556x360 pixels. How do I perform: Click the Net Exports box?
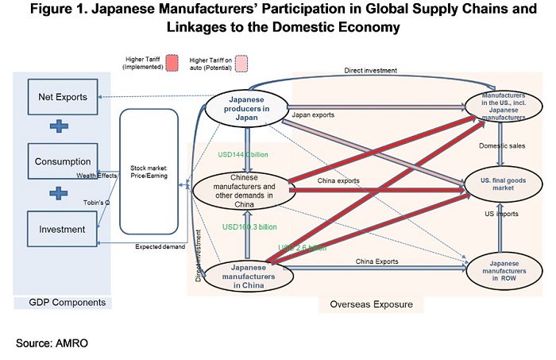point(63,98)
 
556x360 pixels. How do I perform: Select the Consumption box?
point(63,162)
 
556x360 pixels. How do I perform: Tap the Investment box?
point(63,229)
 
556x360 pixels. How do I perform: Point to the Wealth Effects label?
point(98,175)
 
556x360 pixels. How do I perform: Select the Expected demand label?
point(160,247)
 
